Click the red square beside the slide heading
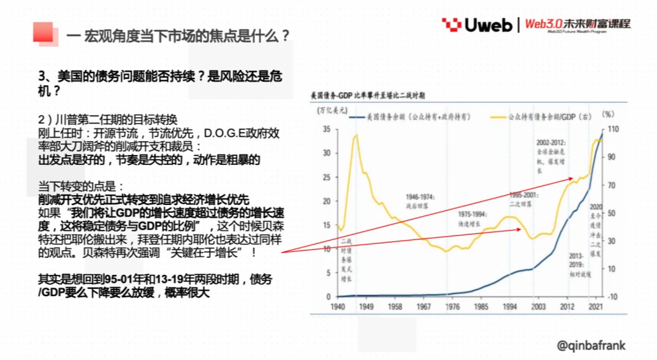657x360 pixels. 43,32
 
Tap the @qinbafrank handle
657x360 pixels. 590,345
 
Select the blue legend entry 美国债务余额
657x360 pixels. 409,116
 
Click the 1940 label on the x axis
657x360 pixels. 338,307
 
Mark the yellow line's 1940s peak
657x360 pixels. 356,135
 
